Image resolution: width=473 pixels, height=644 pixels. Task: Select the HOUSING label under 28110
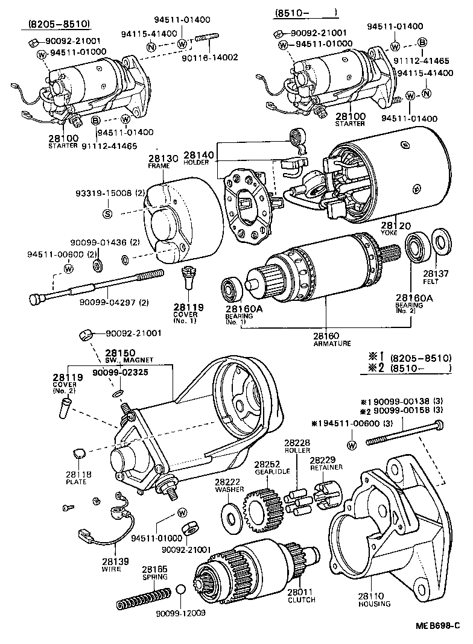(374, 604)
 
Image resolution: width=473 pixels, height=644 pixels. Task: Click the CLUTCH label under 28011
(302, 599)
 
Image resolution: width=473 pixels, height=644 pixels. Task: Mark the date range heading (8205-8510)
(59, 24)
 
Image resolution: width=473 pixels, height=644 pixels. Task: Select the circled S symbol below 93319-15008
(107, 213)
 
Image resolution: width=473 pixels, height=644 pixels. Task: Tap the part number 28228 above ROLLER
(297, 443)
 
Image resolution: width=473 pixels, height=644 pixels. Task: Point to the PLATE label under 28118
(79, 482)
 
